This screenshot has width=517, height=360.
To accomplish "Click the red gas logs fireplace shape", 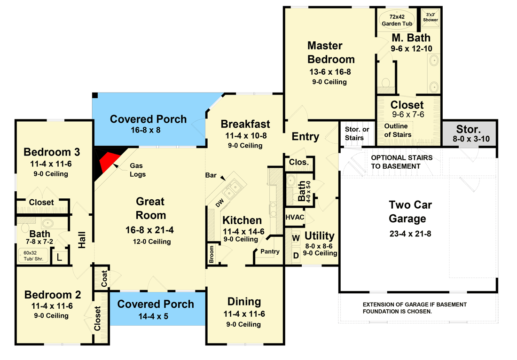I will [110, 160].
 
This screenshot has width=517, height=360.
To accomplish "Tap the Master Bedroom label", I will [331, 52].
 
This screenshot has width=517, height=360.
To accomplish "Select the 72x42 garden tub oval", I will [393, 19].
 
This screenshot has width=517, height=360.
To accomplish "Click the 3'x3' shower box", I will [430, 17].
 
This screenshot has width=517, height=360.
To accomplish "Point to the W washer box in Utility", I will [296, 237].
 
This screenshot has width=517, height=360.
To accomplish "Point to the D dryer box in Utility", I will [296, 255].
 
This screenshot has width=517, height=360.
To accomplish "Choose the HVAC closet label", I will [295, 218].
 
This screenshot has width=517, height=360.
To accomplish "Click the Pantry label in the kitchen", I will [270, 251].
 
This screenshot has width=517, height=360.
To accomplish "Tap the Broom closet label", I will [212, 254].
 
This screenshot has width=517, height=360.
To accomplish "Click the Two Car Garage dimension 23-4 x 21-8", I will [410, 234].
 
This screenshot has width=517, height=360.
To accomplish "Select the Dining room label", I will [244, 302].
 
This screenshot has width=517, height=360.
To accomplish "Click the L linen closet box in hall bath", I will [59, 257].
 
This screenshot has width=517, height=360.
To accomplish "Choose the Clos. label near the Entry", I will [298, 162].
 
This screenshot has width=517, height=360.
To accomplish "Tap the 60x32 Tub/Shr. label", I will [33, 256].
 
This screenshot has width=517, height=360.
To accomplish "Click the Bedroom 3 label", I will [52, 152].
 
